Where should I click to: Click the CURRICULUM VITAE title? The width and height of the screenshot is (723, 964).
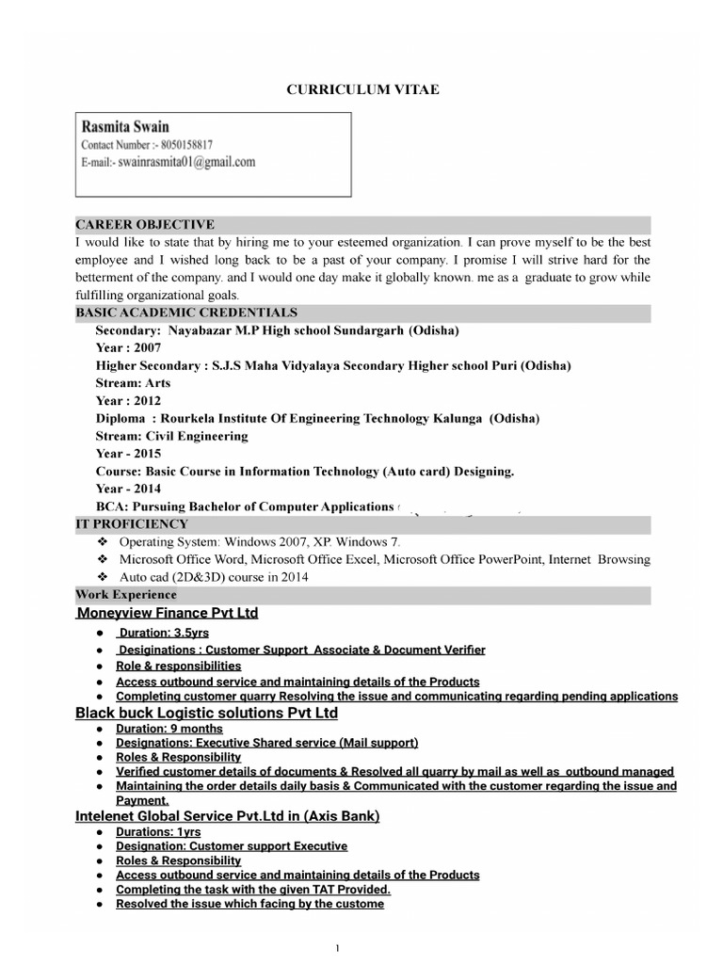362,89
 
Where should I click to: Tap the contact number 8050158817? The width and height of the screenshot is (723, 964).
186,145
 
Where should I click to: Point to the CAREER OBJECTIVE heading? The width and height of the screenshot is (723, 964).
145,224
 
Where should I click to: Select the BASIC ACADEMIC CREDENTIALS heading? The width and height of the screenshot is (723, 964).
186,313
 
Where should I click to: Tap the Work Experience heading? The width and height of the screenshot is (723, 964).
126,595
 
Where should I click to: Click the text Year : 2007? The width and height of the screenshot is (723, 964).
128,347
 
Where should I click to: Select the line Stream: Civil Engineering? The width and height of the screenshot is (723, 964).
171,436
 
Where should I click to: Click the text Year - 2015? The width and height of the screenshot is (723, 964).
128,453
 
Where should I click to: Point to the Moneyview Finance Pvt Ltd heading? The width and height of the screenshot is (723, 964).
167,614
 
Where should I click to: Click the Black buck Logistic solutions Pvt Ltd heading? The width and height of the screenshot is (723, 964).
206,713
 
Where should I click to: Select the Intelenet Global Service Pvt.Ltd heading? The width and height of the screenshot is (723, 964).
227,816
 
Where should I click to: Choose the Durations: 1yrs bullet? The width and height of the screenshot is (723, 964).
158,832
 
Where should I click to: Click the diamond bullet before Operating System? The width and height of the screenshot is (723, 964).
103,542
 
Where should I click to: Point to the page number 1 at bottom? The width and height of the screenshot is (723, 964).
336,948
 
